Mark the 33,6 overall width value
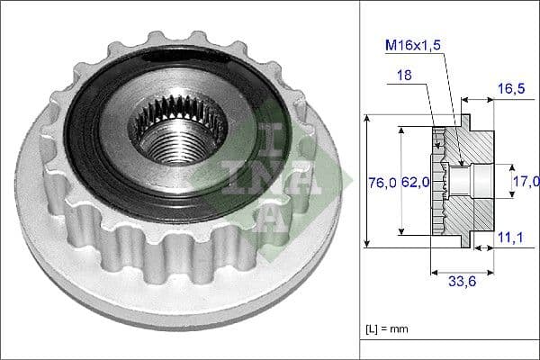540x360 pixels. click(x=463, y=280)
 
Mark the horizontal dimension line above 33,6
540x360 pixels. click(x=463, y=267)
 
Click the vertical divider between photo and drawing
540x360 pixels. click(x=360, y=180)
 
